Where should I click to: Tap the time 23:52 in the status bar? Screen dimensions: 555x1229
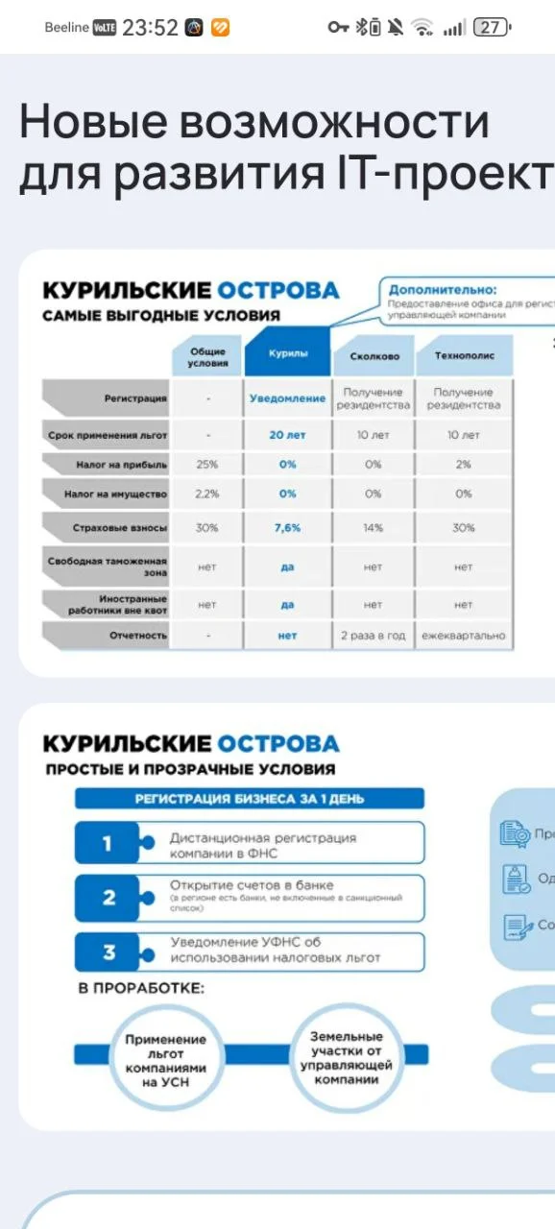pos(150,28)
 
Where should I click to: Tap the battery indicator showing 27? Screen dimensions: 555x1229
pos(491,28)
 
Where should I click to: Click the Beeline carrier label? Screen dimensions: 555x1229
pos(66,28)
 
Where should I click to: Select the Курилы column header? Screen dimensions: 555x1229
pos(287,354)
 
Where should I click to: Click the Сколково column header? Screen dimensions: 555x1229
pos(374,356)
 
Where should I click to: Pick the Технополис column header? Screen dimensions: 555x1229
pos(464,355)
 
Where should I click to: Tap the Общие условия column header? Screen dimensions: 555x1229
pos(207,356)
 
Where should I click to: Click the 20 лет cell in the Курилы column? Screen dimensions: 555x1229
pos(287,435)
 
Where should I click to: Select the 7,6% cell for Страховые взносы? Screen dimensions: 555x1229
pos(287,528)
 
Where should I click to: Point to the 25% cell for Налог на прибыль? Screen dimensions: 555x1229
pos(207,465)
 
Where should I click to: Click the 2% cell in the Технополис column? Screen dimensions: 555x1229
pos(464,465)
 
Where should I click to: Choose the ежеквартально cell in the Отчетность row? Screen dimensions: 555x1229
pos(464,636)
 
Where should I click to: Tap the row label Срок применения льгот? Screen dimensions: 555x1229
pos(108,435)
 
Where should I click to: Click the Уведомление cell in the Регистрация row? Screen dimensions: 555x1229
pos(287,398)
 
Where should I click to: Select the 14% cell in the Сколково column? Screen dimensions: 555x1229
pos(374,528)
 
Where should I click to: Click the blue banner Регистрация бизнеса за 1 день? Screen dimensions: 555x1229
pos(250,798)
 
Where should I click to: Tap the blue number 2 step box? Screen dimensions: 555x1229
pos(109,898)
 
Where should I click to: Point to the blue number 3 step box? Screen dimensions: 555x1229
pos(109,952)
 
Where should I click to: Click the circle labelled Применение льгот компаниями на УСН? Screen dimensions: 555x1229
pos(165,1059)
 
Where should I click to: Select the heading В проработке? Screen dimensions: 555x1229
pos(141,988)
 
